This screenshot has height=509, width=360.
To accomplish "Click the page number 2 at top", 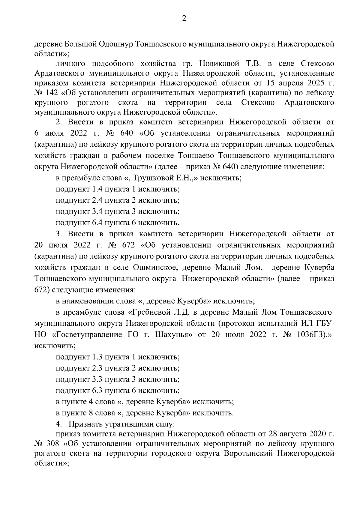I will pos(184,19).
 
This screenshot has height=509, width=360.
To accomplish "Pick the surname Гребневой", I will pos(149,312).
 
